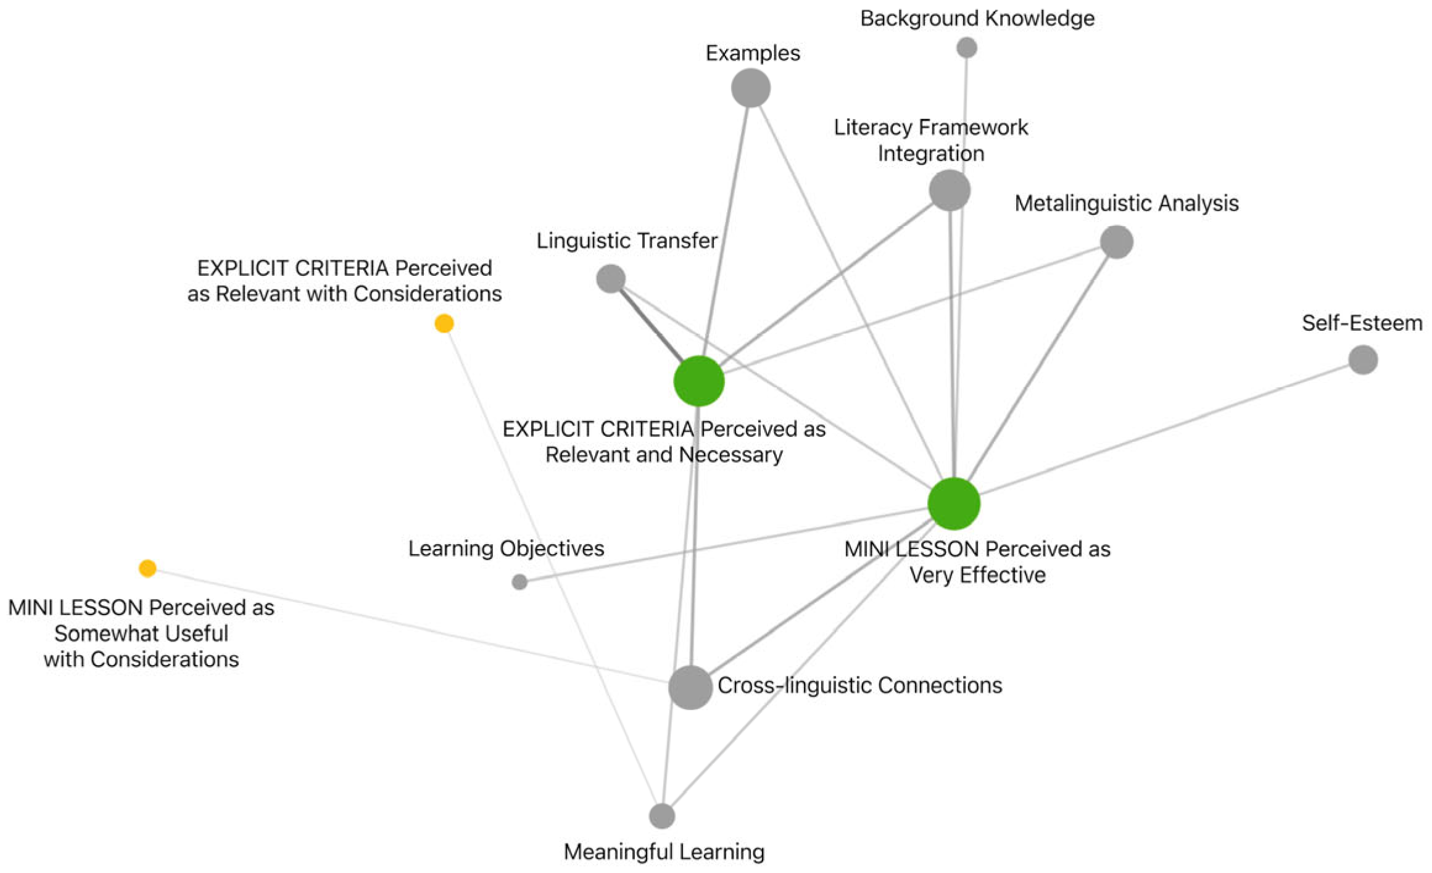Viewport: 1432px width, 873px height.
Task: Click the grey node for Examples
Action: (750, 88)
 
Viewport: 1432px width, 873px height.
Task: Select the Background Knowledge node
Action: (966, 48)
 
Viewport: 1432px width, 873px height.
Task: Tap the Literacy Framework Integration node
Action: (949, 190)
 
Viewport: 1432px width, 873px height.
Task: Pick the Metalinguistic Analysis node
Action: (1116, 241)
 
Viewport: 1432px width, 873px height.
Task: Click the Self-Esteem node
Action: (1363, 359)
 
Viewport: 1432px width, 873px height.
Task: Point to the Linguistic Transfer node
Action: (610, 278)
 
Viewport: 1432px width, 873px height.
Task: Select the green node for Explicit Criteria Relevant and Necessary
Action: (698, 381)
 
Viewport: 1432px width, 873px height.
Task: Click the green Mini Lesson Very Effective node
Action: (954, 503)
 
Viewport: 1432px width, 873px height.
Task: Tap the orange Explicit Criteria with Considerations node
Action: (444, 323)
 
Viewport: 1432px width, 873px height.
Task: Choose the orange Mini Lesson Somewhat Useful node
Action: (147, 568)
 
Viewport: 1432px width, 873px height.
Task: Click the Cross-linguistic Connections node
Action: (690, 687)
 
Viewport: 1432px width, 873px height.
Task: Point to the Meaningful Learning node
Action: (661, 816)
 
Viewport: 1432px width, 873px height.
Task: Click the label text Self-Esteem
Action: (1362, 323)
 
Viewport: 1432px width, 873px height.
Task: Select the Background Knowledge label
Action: (977, 19)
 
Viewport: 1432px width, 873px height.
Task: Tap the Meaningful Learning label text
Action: (664, 852)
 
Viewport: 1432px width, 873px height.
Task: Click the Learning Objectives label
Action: (506, 548)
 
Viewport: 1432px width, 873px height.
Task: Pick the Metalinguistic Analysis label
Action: (1127, 203)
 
